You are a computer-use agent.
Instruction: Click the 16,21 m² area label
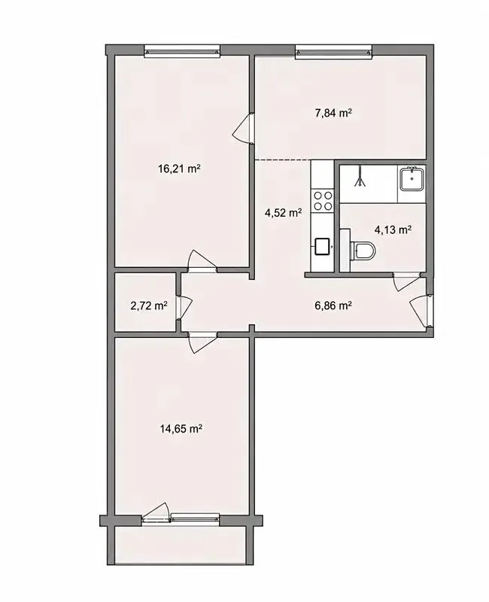pos(180,169)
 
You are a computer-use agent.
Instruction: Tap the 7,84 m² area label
pos(333,114)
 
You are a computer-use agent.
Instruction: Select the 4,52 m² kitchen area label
pos(283,212)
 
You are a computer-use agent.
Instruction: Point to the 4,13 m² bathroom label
pos(393,230)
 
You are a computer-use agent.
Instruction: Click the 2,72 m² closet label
pos(149,306)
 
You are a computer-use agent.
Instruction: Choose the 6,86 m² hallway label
pos(333,306)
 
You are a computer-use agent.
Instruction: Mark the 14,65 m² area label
pos(181,428)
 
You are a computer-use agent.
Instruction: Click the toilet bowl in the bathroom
pos(362,251)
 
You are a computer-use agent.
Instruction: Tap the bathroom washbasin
pos(412,179)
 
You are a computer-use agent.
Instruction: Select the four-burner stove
pos(323,201)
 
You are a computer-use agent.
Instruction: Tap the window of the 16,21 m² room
pos(182,51)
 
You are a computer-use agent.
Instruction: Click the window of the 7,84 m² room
pos(334,52)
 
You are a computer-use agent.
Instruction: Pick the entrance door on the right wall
pos(421,311)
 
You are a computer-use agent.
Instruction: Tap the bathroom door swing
pos(406,281)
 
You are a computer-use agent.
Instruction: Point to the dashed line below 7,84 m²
pos(284,160)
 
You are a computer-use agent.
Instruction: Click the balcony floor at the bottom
pos(181,545)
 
